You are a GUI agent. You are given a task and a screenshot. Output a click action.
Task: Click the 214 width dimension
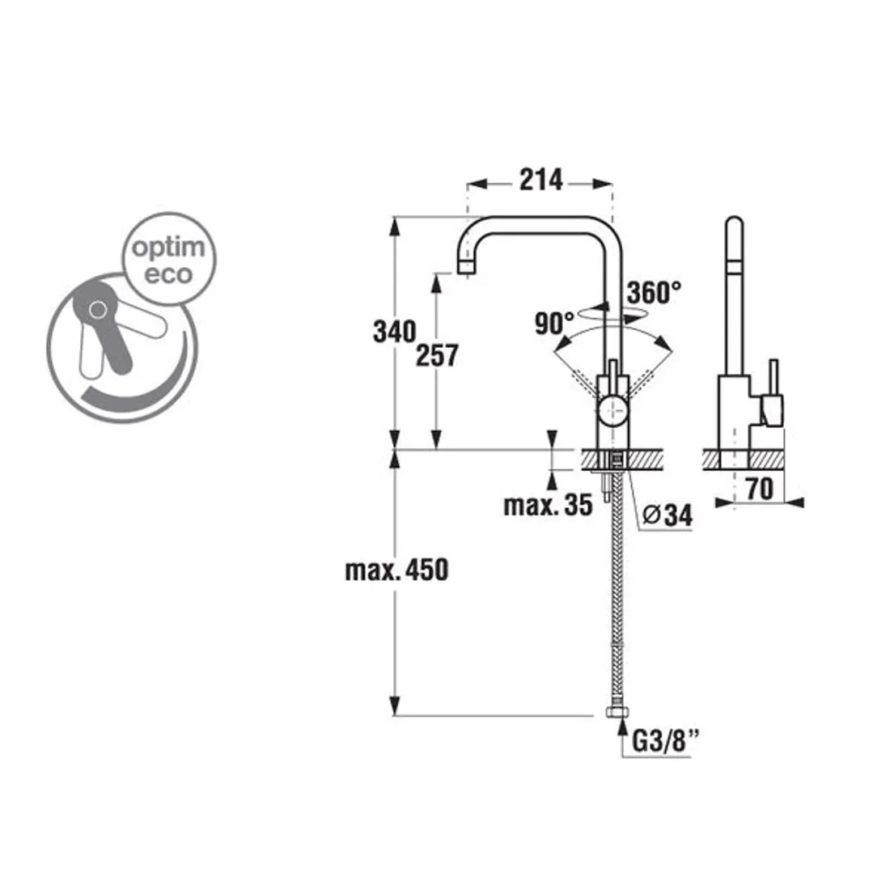pyautogui.click(x=541, y=180)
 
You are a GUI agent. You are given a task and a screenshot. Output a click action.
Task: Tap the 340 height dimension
pyautogui.click(x=395, y=331)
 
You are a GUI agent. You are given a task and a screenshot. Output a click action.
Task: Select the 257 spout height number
pyautogui.click(x=437, y=356)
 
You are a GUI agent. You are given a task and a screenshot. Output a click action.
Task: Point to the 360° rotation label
pyautogui.click(x=654, y=292)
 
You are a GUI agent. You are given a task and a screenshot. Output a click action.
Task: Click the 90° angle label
pyautogui.click(x=554, y=324)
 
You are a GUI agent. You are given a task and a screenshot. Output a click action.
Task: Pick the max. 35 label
pyautogui.click(x=548, y=505)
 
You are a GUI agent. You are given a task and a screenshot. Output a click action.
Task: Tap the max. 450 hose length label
pyautogui.click(x=396, y=570)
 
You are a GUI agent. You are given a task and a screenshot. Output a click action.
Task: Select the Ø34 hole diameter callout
pyautogui.click(x=668, y=515)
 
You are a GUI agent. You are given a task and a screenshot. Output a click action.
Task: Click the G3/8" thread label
pyautogui.click(x=664, y=741)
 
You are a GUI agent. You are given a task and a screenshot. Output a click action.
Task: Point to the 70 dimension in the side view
pyautogui.click(x=760, y=489)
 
